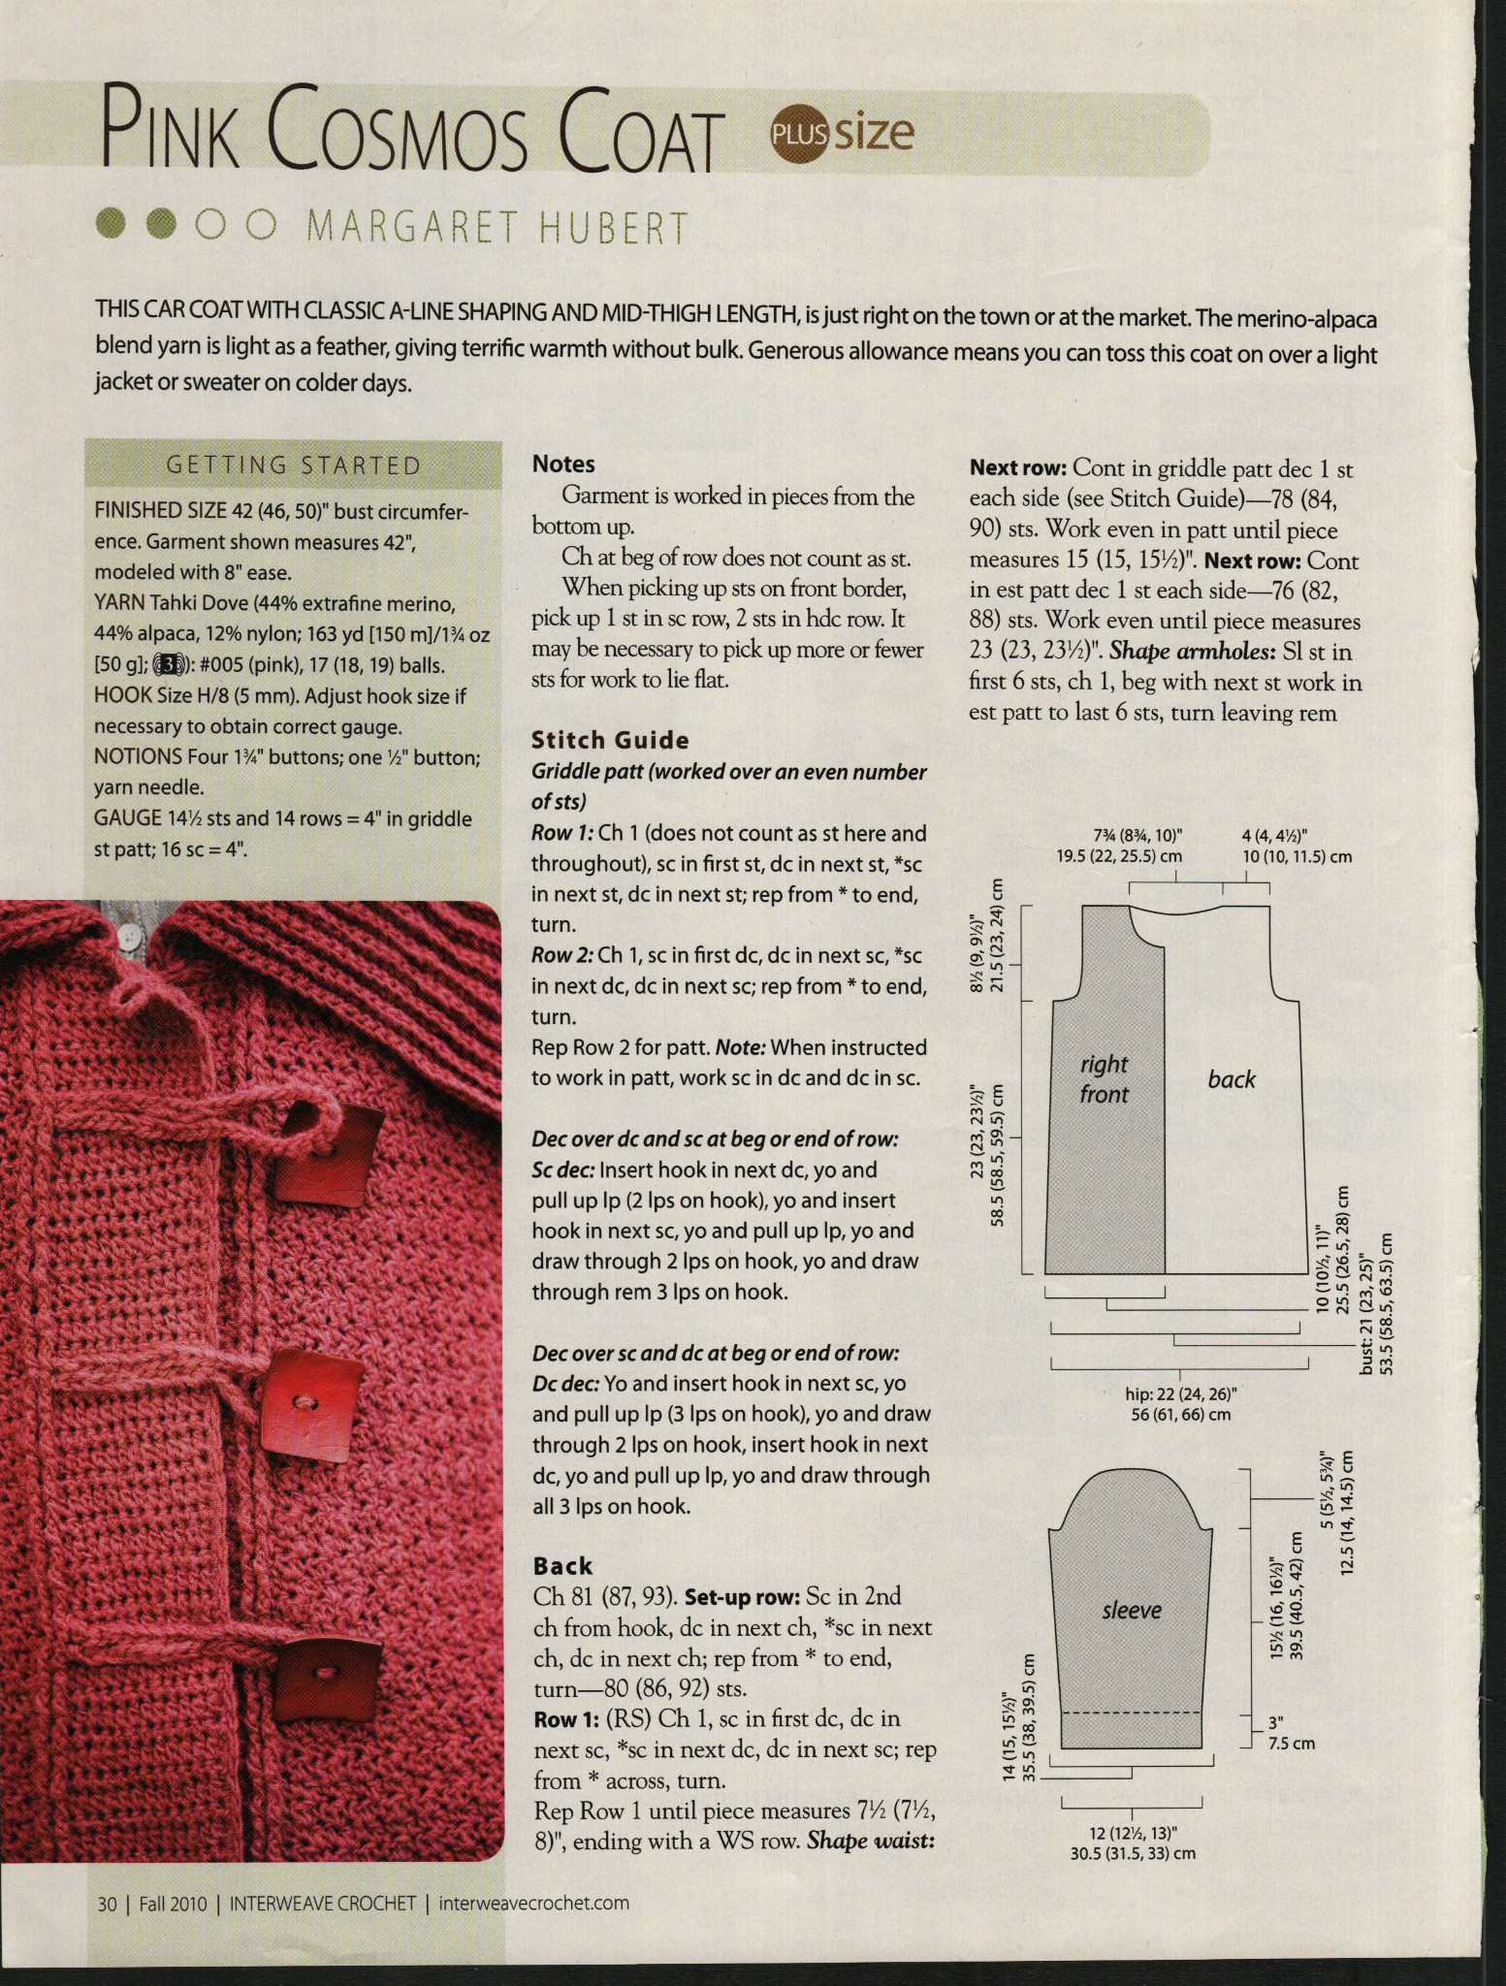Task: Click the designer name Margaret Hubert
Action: pos(497,229)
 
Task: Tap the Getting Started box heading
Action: pos(294,465)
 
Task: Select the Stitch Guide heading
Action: pos(610,741)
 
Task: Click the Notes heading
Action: pos(563,464)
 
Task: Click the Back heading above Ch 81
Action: pos(562,1566)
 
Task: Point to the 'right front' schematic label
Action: pos(1104,1079)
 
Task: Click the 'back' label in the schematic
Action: pos(1232,1079)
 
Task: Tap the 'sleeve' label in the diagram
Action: pos(1131,1611)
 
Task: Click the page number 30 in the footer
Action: pos(107,1904)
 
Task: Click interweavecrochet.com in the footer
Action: pos(533,1903)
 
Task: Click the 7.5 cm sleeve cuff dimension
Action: pos(1291,1744)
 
